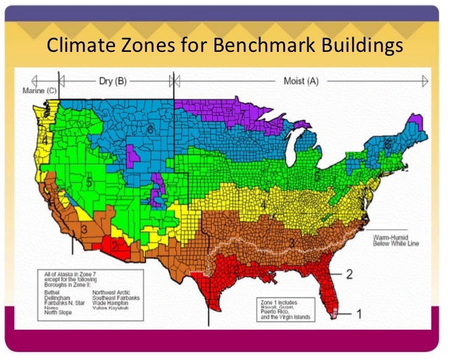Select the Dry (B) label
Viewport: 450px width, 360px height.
tap(113, 80)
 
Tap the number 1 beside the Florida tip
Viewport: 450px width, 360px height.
tap(358, 314)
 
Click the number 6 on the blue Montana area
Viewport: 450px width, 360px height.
tap(150, 130)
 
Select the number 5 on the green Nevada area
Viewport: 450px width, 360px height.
tap(88, 183)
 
